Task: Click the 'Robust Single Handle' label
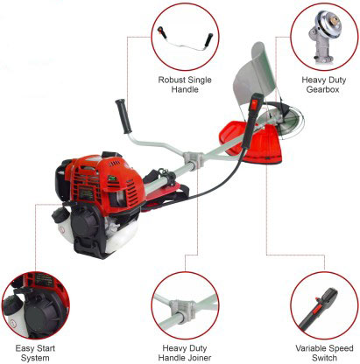click(x=185, y=85)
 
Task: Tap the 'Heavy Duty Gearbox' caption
click(x=323, y=85)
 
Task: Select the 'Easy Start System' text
click(x=35, y=353)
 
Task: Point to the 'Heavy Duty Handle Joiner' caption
click(x=185, y=353)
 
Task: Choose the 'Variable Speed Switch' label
click(x=324, y=353)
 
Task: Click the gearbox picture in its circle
click(x=325, y=37)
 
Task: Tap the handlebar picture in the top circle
click(x=185, y=38)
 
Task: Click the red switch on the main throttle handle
click(x=255, y=103)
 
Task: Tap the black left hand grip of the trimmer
click(x=124, y=116)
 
